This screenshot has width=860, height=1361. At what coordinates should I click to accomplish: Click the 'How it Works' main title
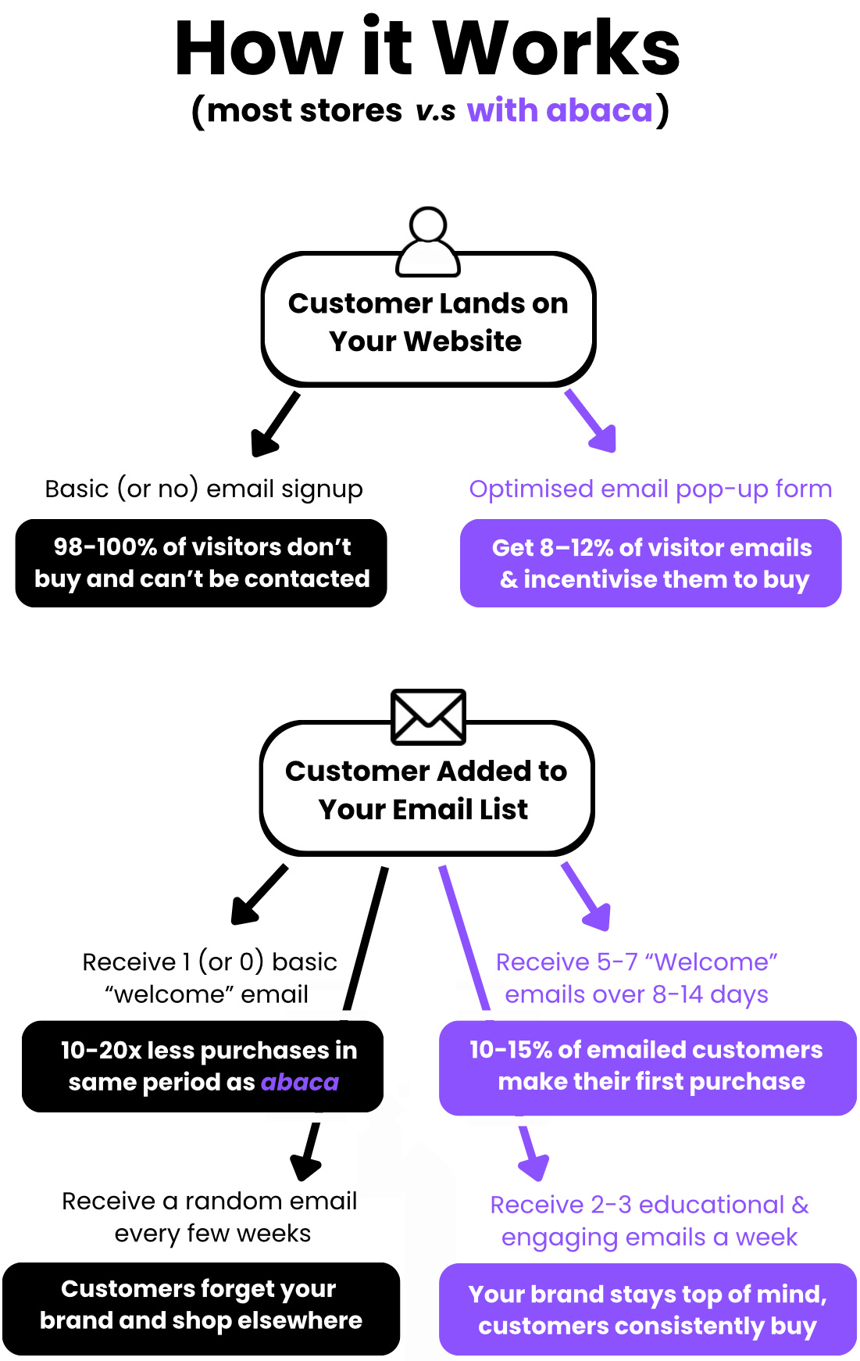point(427,48)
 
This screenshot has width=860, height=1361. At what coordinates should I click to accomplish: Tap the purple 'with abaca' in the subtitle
point(559,110)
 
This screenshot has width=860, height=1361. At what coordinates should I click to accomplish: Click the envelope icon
point(428,716)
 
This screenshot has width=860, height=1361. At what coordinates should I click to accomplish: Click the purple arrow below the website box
point(593,422)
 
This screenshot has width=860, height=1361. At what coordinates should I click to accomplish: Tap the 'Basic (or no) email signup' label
point(204,489)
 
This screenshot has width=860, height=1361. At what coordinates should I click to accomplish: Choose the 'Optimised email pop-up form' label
point(650,489)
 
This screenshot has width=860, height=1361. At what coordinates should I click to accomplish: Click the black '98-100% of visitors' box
point(202,563)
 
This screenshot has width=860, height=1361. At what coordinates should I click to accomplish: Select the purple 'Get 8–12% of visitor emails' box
point(651,563)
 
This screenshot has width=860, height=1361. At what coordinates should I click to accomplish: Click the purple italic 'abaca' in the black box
point(300,1082)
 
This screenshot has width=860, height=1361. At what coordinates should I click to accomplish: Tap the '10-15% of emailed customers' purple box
point(647,1066)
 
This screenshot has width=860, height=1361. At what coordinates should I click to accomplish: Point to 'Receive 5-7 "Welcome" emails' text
point(636,977)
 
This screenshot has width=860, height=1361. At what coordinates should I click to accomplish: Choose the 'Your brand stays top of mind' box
point(647,1309)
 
